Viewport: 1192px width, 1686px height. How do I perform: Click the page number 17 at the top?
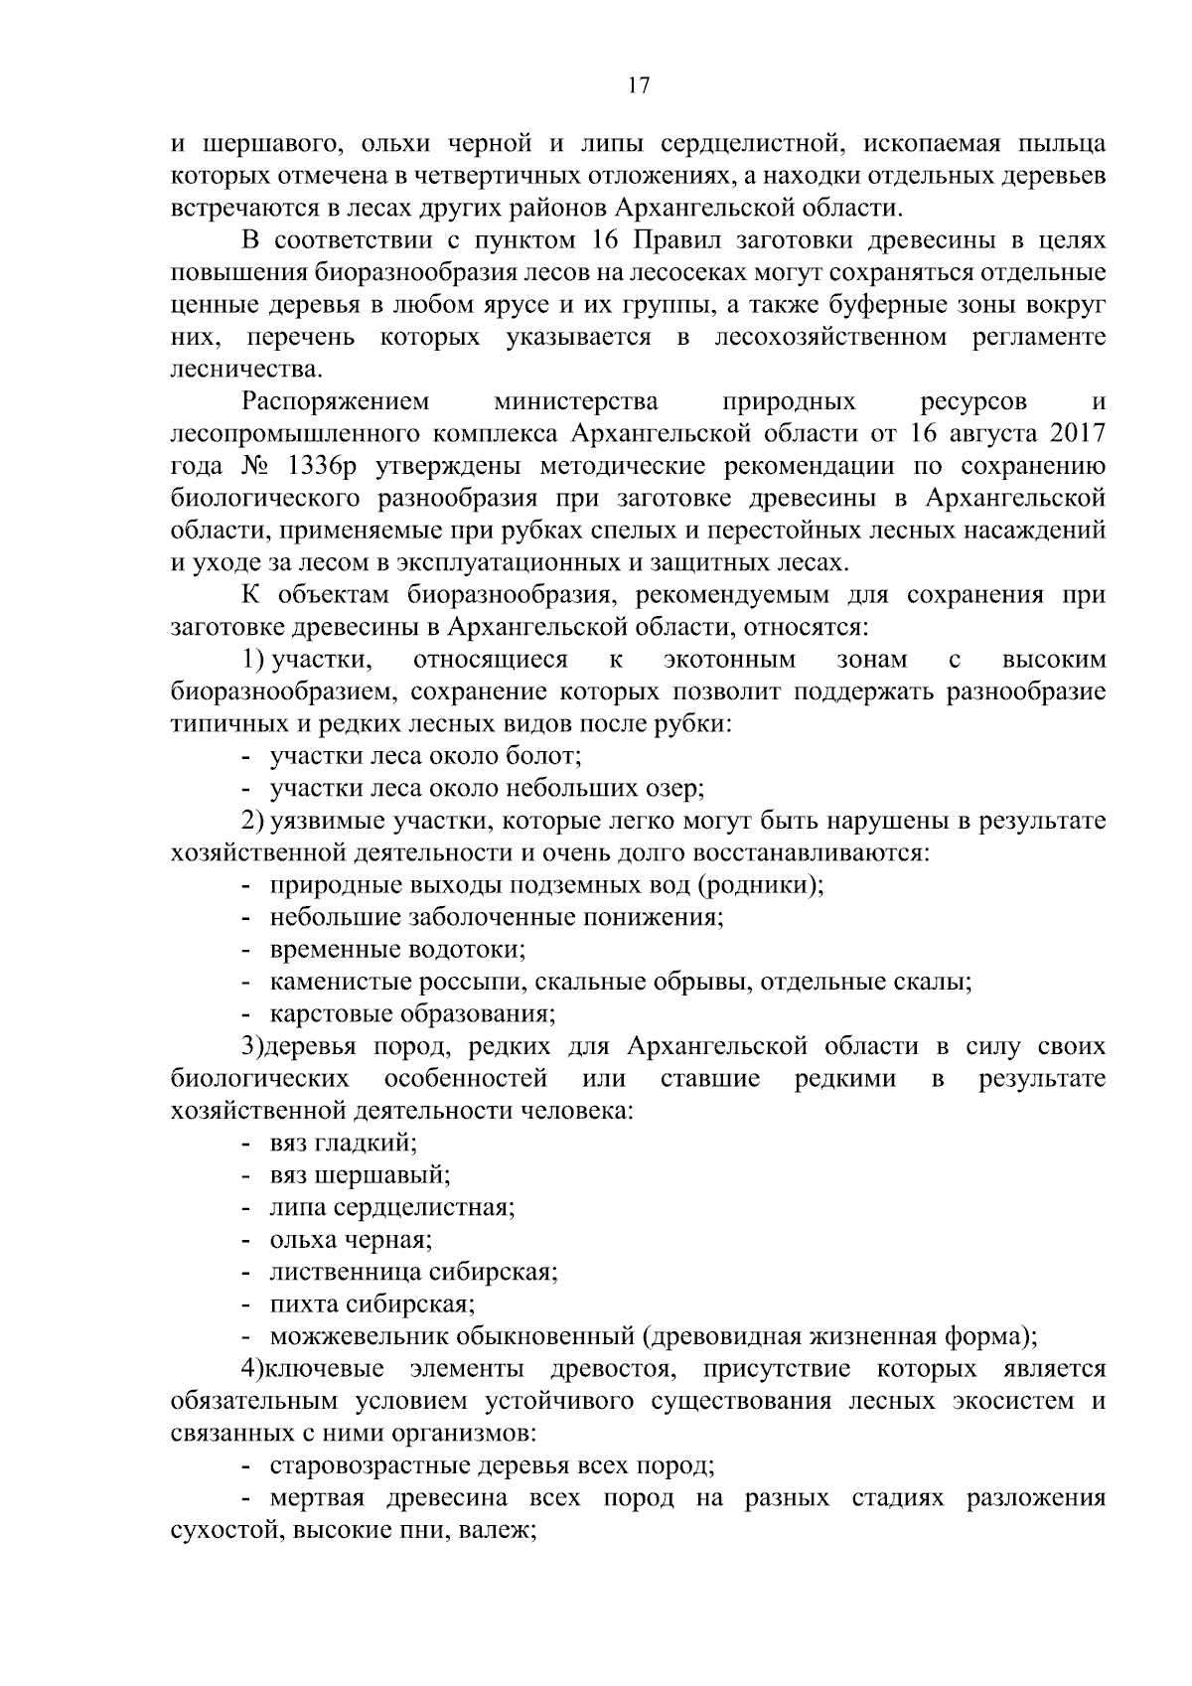point(639,85)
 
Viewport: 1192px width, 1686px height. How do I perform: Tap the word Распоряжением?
point(336,401)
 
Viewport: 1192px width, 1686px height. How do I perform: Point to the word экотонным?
point(729,660)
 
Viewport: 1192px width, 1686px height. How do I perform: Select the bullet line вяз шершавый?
point(360,1175)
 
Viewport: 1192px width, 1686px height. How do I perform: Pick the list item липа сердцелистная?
point(391,1208)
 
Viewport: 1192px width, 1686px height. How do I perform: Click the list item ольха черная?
point(351,1240)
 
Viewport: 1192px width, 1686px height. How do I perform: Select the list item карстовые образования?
point(411,1014)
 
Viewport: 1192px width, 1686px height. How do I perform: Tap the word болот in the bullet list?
point(547,756)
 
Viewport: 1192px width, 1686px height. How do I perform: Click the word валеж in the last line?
point(503,1531)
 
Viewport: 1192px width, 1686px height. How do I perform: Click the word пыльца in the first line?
point(1064,144)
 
